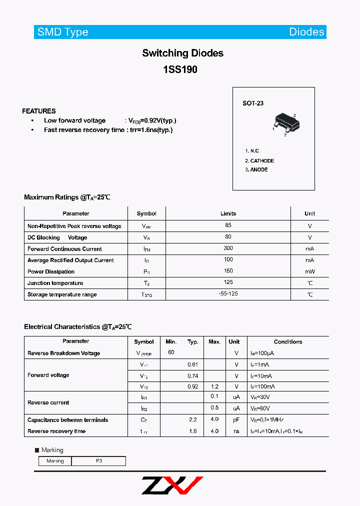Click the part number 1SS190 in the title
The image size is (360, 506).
pyautogui.click(x=180, y=70)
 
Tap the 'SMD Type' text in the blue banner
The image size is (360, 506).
pyautogui.click(x=62, y=32)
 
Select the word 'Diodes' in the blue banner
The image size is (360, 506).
pyautogui.click(x=306, y=32)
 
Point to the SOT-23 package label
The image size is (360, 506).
pyautogui.click(x=253, y=103)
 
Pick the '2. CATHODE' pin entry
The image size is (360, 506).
pyautogui.click(x=259, y=161)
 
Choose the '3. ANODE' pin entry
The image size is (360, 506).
pyautogui.click(x=256, y=170)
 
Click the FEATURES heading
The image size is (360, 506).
pyautogui.click(x=39, y=111)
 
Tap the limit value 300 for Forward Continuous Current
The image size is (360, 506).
pyautogui.click(x=228, y=248)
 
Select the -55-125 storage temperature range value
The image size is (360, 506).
pyautogui.click(x=228, y=294)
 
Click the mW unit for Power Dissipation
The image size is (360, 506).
pyautogui.click(x=310, y=272)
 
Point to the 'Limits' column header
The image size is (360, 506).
pyautogui.click(x=228, y=213)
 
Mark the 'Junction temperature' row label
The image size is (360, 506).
pyautogui.click(x=55, y=283)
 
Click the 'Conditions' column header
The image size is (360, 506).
pyautogui.click(x=288, y=342)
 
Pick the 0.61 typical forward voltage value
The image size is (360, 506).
pyautogui.click(x=192, y=364)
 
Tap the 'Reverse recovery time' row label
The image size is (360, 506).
pyautogui.click(x=56, y=431)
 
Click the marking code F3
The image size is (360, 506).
pyautogui.click(x=99, y=461)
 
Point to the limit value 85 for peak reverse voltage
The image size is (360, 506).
pyautogui.click(x=228, y=226)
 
